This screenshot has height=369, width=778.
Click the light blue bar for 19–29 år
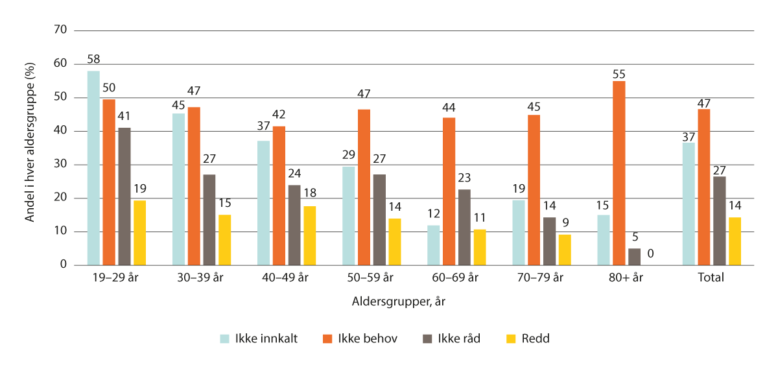[93, 168]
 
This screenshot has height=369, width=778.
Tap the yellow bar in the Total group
[735, 241]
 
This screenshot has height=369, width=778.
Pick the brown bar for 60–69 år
[464, 227]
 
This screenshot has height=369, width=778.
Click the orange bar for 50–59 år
[364, 187]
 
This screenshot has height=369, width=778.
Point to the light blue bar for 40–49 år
[263, 203]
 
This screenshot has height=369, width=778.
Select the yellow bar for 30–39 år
[224, 240]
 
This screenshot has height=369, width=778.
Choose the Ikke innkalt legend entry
[258, 339]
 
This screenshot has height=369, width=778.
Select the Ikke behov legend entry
[366, 339]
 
